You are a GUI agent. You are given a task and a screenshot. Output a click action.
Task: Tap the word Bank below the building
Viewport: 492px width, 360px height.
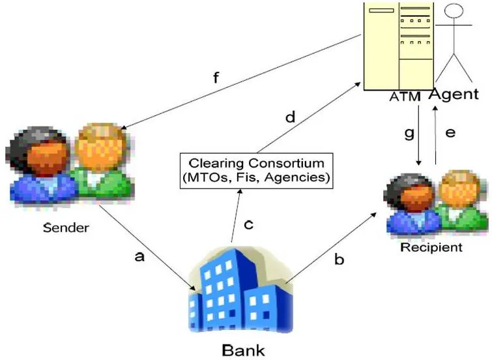click(x=243, y=350)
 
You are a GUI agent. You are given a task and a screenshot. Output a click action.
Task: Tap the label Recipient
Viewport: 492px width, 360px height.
click(x=431, y=248)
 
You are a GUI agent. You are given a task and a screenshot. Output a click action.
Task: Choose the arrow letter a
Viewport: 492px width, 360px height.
click(x=138, y=257)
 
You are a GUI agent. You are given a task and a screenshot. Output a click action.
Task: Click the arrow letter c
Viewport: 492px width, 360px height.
click(x=248, y=224)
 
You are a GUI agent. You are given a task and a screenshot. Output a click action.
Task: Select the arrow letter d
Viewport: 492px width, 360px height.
click(x=291, y=118)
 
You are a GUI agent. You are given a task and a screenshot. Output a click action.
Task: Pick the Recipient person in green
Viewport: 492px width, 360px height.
click(x=460, y=202)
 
